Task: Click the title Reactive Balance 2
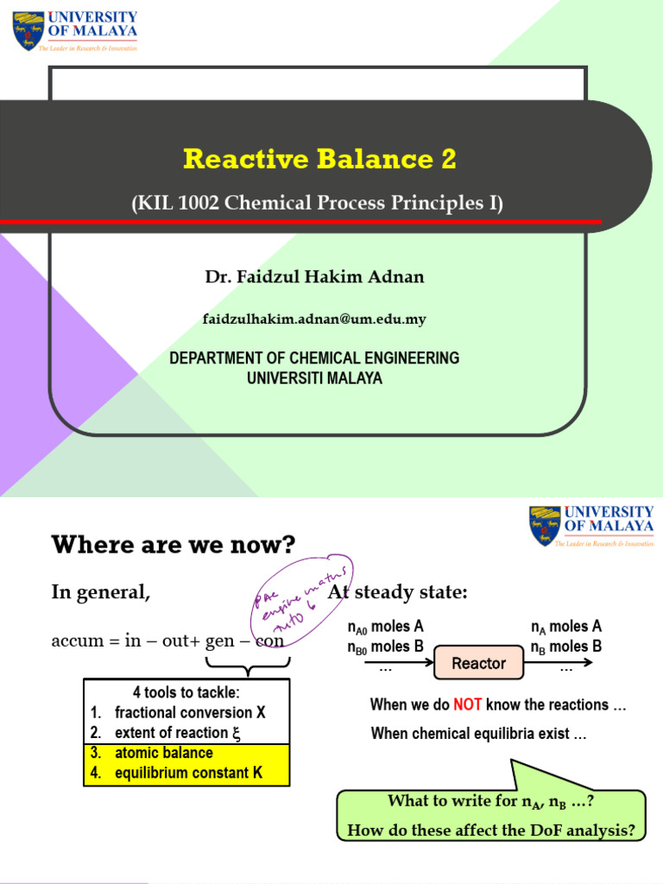tap(319, 160)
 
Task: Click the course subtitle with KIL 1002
tap(317, 204)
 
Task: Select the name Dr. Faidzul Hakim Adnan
tap(314, 277)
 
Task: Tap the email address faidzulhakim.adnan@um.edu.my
tap(314, 319)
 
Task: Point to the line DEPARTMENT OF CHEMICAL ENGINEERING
tap(314, 358)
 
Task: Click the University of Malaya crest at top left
tap(28, 30)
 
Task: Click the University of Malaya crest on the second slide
tap(545, 526)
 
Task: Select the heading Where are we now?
tap(174, 545)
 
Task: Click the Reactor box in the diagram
tap(478, 664)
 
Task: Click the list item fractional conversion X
tap(189, 713)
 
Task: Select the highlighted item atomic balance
tap(163, 753)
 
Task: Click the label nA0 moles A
tap(385, 627)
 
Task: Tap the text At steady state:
tap(397, 592)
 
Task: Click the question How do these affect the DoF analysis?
tap(490, 830)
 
